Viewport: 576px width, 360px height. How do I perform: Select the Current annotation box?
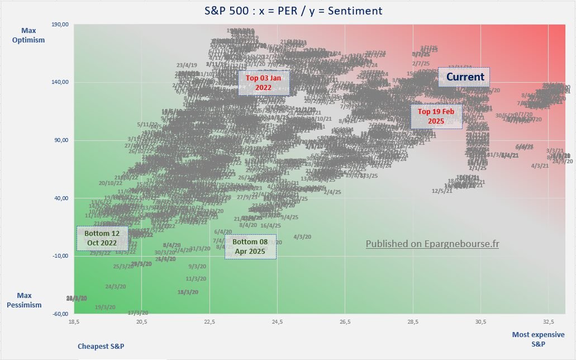pyautogui.click(x=464, y=77)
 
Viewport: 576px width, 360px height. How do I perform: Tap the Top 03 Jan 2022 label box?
pyautogui.click(x=264, y=83)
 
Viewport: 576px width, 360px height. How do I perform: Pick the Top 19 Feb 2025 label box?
pyautogui.click(x=436, y=116)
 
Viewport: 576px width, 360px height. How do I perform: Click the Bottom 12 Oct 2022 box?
pyautogui.click(x=102, y=238)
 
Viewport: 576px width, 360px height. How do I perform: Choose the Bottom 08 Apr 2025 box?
pyautogui.click(x=250, y=247)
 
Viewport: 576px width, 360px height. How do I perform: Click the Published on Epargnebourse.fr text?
pyautogui.click(x=432, y=244)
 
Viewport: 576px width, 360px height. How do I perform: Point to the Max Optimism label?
pyautogui.click(x=33, y=35)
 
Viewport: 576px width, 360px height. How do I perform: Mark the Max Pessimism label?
pyautogui.click(x=28, y=300)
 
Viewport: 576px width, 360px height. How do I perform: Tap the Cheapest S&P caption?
pyautogui.click(x=101, y=346)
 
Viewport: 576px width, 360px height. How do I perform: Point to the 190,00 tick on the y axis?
pyautogui.click(x=60, y=25)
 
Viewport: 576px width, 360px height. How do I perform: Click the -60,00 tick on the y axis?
pyautogui.click(x=60, y=314)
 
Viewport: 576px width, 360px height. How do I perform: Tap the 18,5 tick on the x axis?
pyautogui.click(x=74, y=322)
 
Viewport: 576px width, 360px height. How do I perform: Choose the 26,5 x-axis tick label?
pyautogui.click(x=345, y=322)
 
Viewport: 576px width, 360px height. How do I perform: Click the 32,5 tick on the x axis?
pyautogui.click(x=549, y=322)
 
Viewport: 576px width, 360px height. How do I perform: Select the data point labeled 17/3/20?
pyautogui.click(x=138, y=312)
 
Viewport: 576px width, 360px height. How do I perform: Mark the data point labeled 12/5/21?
pyautogui.click(x=442, y=191)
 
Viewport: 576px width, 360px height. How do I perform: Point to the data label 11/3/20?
pyautogui.click(x=196, y=278)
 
